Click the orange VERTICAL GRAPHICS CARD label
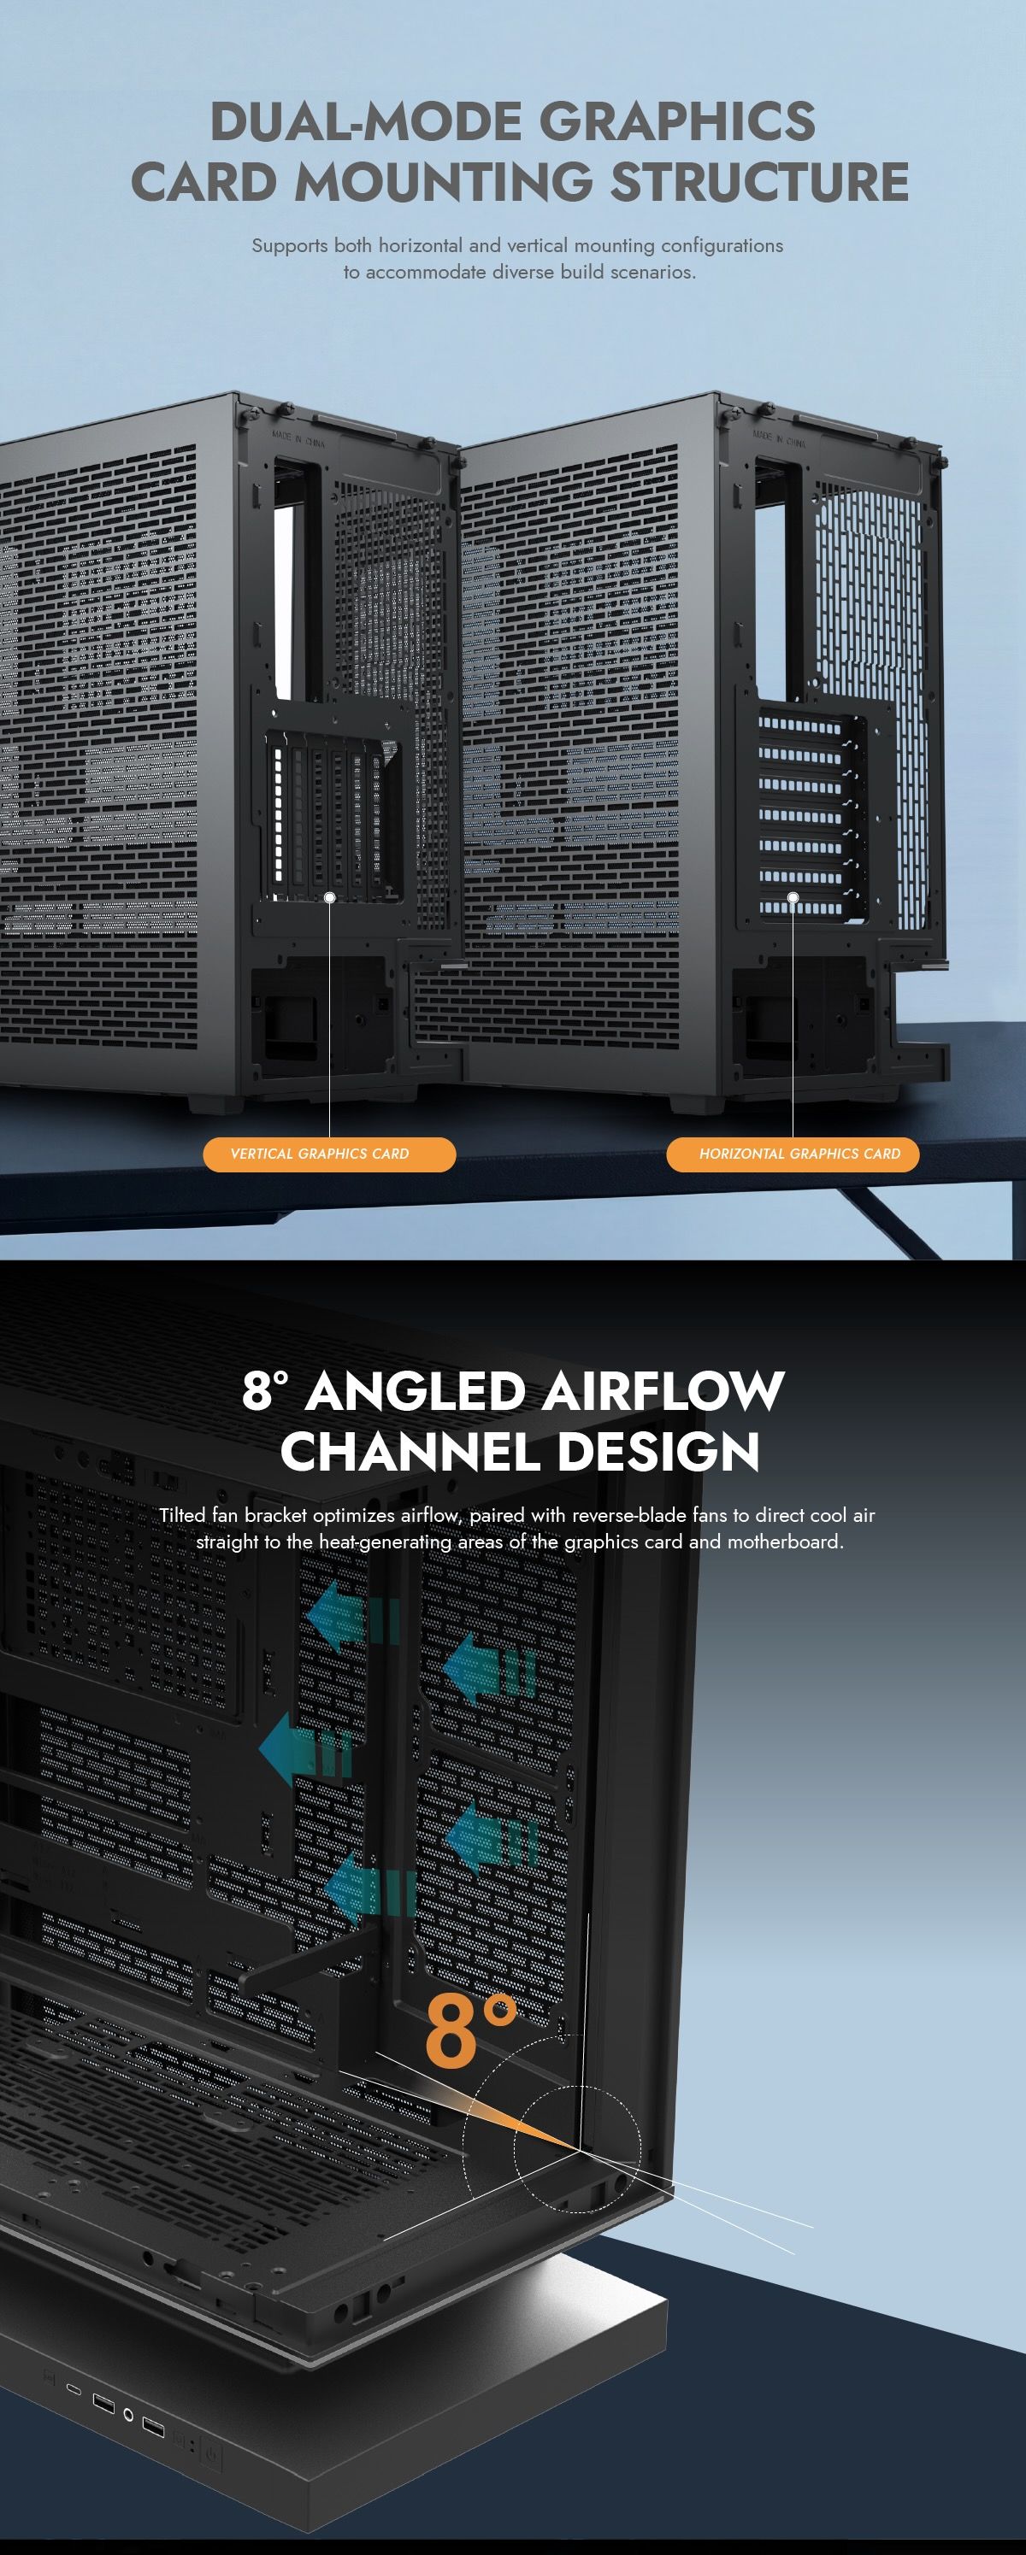328,1154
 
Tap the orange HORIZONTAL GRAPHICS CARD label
793,1154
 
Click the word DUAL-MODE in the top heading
366,122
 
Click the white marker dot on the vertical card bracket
329,897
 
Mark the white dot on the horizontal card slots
793,897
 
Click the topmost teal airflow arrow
354,1618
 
